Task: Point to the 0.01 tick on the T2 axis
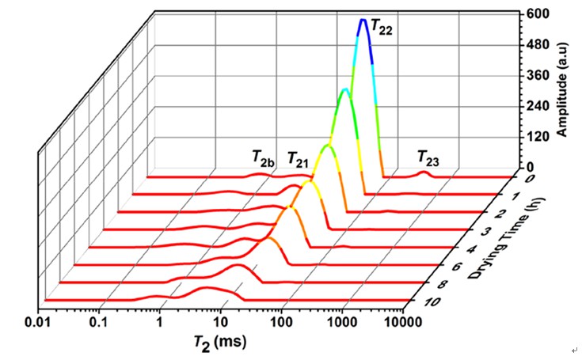(37, 324)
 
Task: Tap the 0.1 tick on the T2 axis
(98, 324)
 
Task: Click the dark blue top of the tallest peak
(363, 21)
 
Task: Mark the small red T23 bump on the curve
(424, 172)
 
